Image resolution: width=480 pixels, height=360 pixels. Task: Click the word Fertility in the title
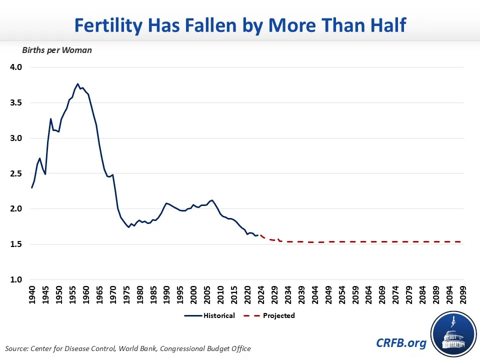[x=108, y=25]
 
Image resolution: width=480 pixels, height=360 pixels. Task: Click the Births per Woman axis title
[x=57, y=50]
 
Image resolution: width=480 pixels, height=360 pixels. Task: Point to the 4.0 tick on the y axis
[x=16, y=67]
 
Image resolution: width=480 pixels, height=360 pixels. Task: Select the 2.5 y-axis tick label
[x=16, y=173]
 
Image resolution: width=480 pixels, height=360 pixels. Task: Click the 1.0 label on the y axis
[x=16, y=279]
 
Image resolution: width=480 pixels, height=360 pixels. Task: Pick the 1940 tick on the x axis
[x=32, y=295]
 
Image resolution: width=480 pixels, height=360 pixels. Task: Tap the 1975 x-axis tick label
[x=126, y=295]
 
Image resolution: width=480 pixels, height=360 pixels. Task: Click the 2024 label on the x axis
[x=261, y=295]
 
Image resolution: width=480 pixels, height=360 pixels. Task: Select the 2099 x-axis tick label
[x=463, y=295]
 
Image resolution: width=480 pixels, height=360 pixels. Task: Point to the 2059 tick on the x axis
[x=355, y=295]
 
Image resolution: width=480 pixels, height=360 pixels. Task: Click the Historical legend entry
[x=209, y=315]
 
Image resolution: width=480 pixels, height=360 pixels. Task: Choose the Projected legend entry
[x=269, y=315]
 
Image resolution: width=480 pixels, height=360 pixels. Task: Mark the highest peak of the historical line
[x=77, y=84]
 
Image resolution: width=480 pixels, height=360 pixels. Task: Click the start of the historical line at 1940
[x=31, y=187]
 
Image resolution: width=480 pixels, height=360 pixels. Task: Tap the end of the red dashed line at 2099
[x=461, y=242]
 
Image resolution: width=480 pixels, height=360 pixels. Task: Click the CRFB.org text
[x=401, y=343]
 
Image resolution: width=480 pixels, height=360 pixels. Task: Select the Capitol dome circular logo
[x=453, y=334]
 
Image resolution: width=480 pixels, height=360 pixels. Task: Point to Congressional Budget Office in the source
[x=205, y=348]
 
